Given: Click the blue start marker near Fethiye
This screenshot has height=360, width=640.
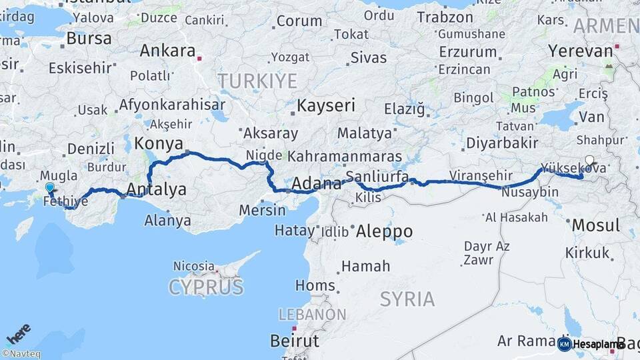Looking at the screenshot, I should coord(49,189).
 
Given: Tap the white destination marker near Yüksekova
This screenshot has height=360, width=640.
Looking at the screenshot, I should coord(589,160).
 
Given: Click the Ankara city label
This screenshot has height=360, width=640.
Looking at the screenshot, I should coord(168,51).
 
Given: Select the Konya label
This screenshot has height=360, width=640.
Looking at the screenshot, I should coord(159,143).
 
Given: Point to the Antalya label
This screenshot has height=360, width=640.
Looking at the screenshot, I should coord(156,190).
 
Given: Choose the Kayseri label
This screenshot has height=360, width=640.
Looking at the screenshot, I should coord(326,105).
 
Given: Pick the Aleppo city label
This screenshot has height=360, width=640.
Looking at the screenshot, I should coord(384,231).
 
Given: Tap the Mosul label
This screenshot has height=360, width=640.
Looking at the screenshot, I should coord(596,225).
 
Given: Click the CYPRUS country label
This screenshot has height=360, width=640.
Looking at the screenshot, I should coord(206,287).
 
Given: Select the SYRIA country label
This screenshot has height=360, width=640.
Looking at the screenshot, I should coord(407,299).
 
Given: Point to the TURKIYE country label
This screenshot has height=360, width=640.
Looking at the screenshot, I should coord(257,81).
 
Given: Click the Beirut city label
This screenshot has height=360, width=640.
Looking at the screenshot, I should coord(295,341).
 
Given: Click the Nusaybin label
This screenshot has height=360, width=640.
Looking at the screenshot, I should coord(529,192).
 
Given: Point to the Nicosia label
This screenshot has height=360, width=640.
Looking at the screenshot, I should coord(194,266).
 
